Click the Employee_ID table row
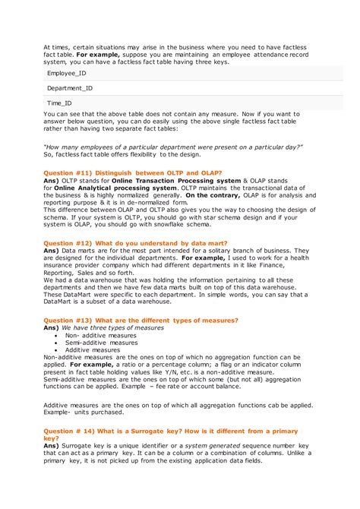click(67, 73)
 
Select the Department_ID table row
click(70, 88)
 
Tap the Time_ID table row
click(59, 103)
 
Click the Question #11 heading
click(133, 173)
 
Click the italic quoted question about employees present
click(173, 147)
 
